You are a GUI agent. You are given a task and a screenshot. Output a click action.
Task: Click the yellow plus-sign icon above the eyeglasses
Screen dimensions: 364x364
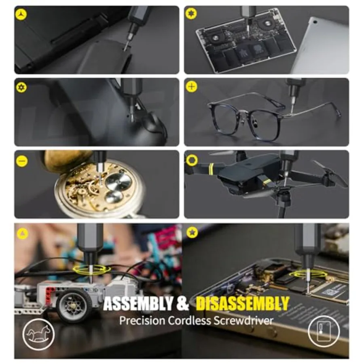coord(192,87)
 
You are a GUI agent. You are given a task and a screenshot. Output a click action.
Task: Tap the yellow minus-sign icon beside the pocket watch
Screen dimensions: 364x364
coord(22,161)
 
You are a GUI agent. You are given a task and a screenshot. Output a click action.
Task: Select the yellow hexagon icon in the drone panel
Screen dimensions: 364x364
coord(192,160)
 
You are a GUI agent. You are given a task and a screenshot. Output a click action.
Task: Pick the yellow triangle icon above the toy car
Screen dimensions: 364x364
coord(22,233)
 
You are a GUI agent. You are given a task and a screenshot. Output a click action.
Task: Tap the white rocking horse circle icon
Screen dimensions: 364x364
coord(38,334)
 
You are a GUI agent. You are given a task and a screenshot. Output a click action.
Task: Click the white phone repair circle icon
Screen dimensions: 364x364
coord(324,331)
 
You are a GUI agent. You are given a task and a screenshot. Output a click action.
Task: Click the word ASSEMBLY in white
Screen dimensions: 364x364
coord(138,304)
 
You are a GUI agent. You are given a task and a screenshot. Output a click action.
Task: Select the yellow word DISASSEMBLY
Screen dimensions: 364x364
coord(242,304)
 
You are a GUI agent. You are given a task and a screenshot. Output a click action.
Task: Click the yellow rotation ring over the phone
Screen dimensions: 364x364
coord(308,274)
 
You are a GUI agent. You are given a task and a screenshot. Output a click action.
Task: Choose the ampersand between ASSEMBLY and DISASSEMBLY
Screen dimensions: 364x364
coord(183,303)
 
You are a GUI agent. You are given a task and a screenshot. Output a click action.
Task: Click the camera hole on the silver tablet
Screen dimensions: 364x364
coord(315,22)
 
